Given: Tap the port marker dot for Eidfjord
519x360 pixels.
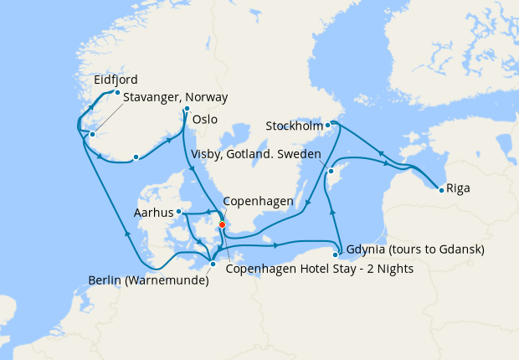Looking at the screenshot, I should tap(117, 93).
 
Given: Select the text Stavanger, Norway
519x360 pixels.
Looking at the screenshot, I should tap(176, 97).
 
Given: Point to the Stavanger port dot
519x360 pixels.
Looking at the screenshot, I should tap(93, 135).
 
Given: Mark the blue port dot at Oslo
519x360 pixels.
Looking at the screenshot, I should tap(187, 109).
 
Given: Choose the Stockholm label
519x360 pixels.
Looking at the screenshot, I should tap(294, 126).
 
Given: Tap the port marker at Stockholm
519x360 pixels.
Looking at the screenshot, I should tap(329, 125).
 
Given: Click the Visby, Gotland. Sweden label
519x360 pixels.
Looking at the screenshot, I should tap(254, 153).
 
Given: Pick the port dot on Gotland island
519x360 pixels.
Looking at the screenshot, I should tap(331, 171).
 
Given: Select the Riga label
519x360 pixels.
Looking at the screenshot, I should tap(458, 188).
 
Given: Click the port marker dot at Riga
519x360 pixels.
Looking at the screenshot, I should tap(441, 188).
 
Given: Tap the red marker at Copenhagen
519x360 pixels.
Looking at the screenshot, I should tap(222, 224).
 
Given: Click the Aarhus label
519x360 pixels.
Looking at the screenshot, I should tap(153, 213).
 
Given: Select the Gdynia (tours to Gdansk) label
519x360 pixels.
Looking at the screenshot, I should tap(414, 249).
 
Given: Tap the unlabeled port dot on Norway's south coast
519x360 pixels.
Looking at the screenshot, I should tap(136, 157).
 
